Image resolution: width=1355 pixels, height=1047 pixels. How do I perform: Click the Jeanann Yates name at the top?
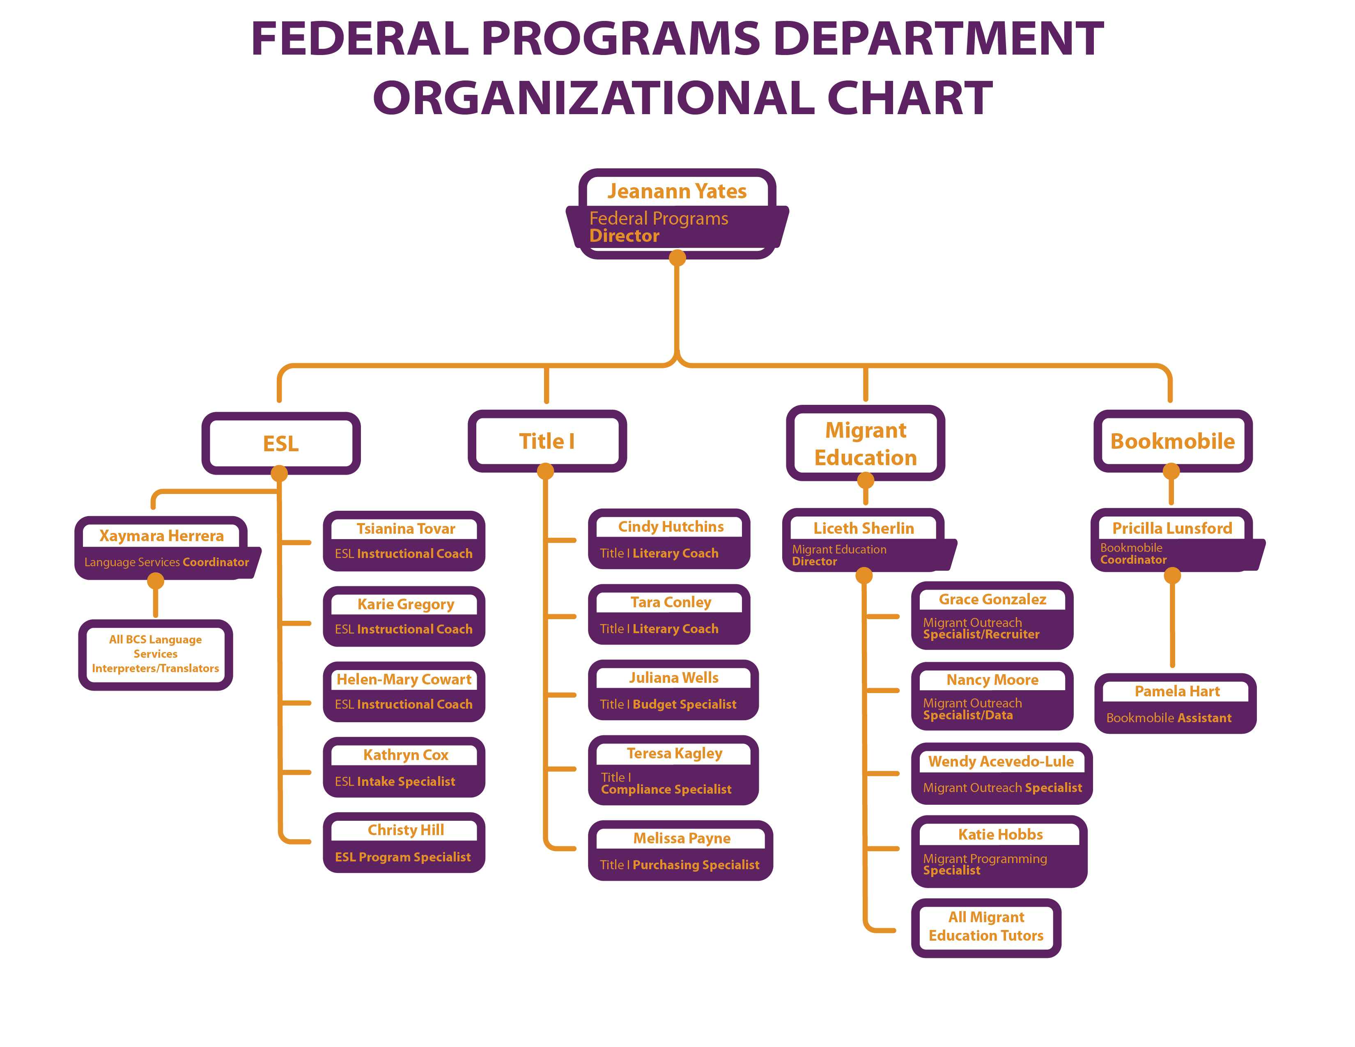[x=677, y=191]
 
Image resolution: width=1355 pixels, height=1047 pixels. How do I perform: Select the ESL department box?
[x=280, y=443]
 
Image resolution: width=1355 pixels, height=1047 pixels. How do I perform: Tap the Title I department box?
[x=547, y=441]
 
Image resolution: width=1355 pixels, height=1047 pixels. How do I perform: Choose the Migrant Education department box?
[x=866, y=443]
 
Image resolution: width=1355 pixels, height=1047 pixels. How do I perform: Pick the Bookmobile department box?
[x=1173, y=441]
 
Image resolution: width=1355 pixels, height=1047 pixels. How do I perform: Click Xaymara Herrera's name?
[x=161, y=535]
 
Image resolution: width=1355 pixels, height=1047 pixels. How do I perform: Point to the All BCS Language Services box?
[x=156, y=654]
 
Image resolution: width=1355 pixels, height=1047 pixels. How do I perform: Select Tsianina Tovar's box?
[x=404, y=541]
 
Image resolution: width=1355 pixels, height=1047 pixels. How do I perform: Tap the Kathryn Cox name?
[x=406, y=755]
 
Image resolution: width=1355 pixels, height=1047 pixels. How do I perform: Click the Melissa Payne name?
[x=682, y=838]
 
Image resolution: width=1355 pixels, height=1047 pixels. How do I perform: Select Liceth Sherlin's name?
[x=864, y=528]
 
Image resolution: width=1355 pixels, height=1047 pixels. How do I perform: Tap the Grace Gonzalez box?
[x=992, y=615]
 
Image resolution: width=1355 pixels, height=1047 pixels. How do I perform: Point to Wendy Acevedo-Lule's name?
[x=1001, y=761]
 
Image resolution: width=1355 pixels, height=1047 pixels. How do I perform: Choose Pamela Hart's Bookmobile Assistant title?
[x=1169, y=718]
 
